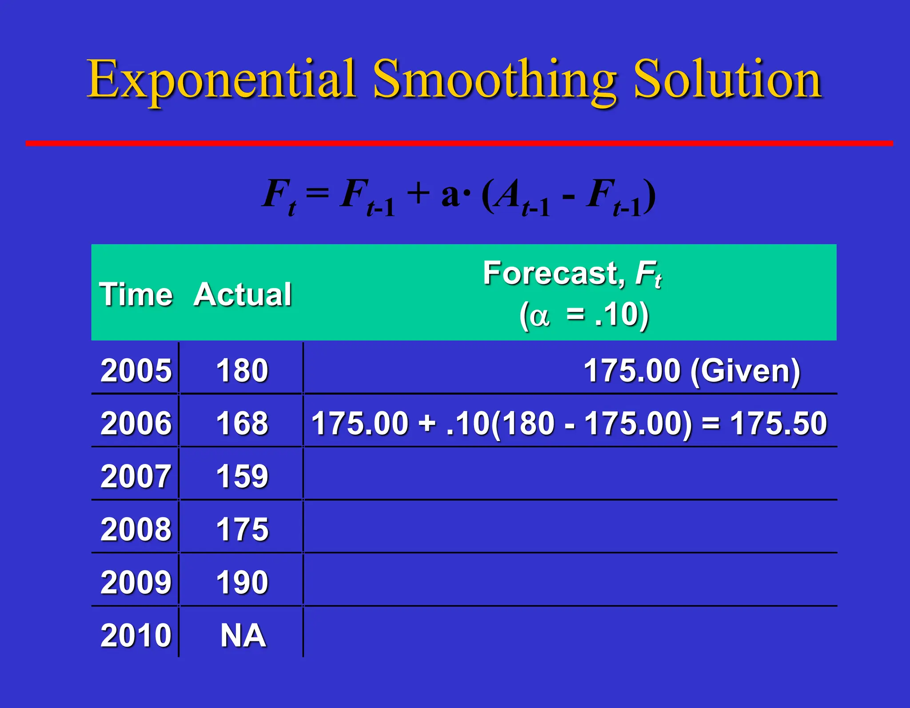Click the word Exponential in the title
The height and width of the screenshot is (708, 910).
(221, 80)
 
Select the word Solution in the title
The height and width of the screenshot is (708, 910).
(727, 80)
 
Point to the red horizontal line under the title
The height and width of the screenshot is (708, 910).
(459, 143)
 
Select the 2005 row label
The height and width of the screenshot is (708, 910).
(136, 370)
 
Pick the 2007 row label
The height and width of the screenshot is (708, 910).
(136, 476)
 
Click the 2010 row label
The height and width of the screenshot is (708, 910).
(136, 635)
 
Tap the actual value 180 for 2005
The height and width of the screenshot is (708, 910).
(242, 370)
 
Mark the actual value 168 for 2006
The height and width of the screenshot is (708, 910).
(242, 423)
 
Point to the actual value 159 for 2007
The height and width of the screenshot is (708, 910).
(242, 476)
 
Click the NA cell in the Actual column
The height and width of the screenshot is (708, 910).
(243, 635)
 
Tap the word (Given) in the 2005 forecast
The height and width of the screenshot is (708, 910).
(745, 370)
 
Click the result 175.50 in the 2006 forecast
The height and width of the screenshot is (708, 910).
(778, 423)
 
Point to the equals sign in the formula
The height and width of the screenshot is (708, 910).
(317, 193)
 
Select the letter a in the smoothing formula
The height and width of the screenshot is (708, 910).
(451, 196)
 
